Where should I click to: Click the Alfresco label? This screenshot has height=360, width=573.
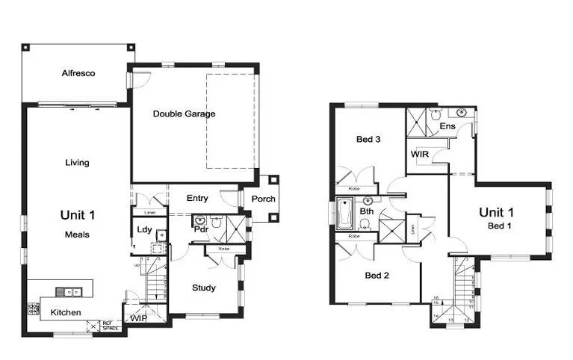tap(78, 73)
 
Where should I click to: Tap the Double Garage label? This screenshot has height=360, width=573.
tap(184, 114)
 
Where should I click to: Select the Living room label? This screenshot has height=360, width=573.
tap(77, 162)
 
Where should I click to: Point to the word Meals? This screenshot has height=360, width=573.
tap(77, 234)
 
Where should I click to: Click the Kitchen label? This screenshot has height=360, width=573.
tap(66, 312)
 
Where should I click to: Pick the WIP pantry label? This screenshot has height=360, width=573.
tap(138, 318)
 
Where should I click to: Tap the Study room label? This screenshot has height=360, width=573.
tap(204, 288)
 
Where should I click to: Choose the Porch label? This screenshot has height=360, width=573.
tap(263, 199)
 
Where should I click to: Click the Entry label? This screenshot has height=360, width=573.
tap(197, 198)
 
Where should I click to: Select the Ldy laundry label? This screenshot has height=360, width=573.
tap(144, 229)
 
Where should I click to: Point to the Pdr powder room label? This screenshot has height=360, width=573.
tap(201, 230)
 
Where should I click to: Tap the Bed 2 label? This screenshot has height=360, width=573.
tap(377, 275)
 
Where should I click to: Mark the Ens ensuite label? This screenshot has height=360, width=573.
tap(447, 126)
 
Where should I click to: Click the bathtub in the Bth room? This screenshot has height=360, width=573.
tap(346, 214)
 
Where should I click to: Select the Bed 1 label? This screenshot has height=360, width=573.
tap(500, 226)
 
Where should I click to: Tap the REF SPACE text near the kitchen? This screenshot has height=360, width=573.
tap(111, 326)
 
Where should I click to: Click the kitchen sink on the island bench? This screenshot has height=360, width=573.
tap(73, 291)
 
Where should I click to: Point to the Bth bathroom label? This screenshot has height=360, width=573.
tap(366, 211)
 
